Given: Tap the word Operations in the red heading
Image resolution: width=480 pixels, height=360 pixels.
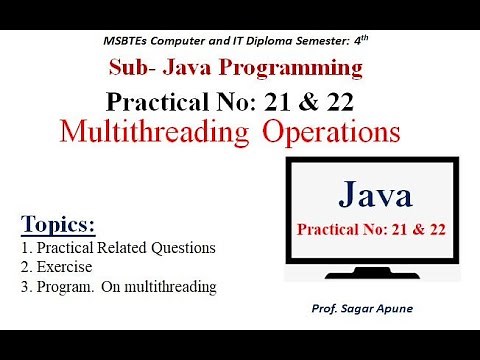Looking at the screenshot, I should [x=326, y=131].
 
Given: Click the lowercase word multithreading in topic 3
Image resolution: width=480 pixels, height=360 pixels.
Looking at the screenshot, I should [x=166, y=287].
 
